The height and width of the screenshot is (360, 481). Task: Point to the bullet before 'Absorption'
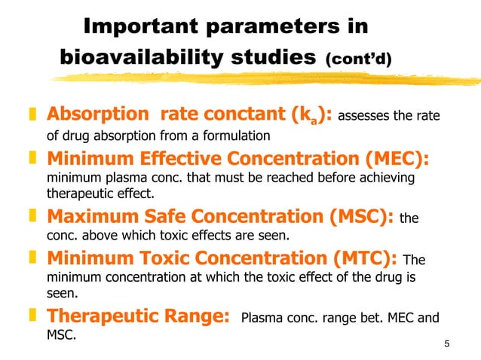pyautogui.click(x=32, y=117)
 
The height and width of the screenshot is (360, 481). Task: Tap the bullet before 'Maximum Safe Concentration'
pyautogui.click(x=32, y=218)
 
